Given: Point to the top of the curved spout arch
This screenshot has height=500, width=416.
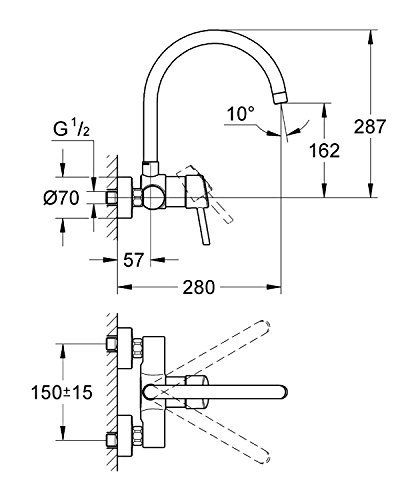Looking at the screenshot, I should [217, 33].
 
